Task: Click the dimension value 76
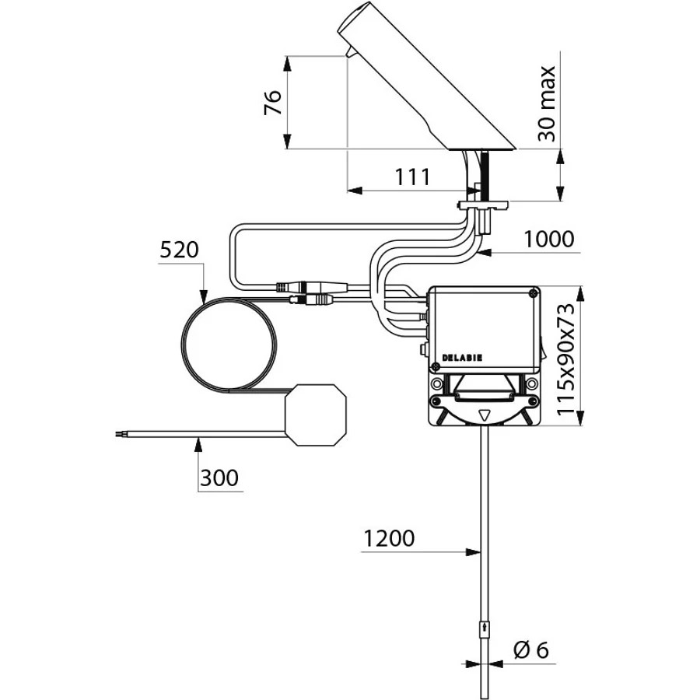point(273,103)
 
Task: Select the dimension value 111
point(412,177)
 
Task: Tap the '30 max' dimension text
point(547,103)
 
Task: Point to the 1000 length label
point(548,240)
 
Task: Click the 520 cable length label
point(179,250)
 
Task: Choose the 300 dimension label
point(219,478)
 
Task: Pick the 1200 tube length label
point(390,538)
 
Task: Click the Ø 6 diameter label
point(531,650)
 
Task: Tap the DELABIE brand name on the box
point(462,358)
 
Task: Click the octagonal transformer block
point(316,415)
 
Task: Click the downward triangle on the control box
point(485,416)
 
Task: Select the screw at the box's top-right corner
point(533,293)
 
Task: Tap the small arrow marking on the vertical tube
point(485,632)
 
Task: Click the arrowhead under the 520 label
point(204,296)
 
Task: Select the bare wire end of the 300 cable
point(119,432)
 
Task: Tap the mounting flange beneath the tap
point(482,205)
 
